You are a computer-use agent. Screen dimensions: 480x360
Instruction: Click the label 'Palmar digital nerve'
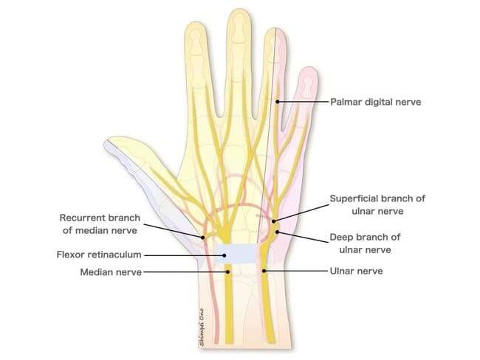point(376,102)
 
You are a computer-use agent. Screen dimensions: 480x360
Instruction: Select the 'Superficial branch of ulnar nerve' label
point(377,204)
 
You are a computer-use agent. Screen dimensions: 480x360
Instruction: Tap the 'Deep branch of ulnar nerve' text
point(365,243)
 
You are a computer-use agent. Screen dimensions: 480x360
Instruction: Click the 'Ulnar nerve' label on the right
point(357,271)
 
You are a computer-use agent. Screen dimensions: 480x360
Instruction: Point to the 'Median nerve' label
point(111,272)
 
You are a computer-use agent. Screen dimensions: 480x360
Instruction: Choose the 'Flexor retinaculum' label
point(99,255)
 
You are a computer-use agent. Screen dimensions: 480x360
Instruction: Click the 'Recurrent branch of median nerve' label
point(100,224)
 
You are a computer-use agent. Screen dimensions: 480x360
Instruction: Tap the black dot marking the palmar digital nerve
point(277,102)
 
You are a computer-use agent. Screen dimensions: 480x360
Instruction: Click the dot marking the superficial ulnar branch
point(274,221)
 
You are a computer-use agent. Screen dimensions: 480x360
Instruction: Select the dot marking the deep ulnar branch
point(277,232)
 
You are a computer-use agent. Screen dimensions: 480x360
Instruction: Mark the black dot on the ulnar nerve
point(264,271)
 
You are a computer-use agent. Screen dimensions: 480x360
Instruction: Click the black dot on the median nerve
point(227,271)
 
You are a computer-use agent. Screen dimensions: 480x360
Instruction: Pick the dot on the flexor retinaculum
point(224,255)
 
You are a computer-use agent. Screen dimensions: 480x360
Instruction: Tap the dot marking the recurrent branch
point(202,238)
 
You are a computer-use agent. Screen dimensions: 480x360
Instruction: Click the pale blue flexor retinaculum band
point(236,254)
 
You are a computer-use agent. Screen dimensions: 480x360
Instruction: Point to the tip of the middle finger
point(239,9)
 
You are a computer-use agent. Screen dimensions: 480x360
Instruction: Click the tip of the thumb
point(106,142)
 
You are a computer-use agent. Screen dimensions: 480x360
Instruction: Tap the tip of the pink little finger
point(309,68)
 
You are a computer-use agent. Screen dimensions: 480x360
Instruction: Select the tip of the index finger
point(195,23)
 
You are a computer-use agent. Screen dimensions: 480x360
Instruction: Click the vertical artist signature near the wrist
point(202,327)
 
